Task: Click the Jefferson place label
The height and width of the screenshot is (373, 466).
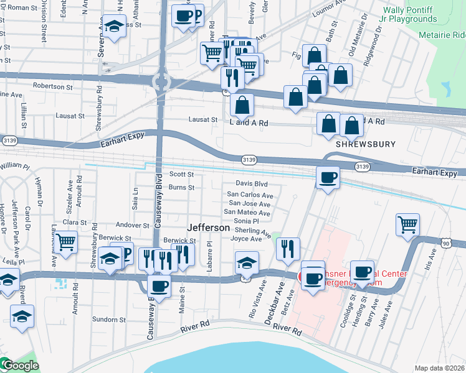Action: click(x=209, y=228)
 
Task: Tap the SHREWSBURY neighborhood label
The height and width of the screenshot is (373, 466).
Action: click(x=366, y=144)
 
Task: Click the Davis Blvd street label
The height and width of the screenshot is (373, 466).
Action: click(x=251, y=184)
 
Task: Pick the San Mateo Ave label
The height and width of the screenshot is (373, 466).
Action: click(x=250, y=213)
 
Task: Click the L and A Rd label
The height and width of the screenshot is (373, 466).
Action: click(x=249, y=123)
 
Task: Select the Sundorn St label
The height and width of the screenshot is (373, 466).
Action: click(x=110, y=320)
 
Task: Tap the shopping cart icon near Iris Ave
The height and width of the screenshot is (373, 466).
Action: click(x=407, y=224)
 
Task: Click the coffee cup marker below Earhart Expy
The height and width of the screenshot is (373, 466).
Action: click(x=328, y=178)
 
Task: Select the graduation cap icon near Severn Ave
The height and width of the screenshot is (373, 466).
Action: click(x=113, y=26)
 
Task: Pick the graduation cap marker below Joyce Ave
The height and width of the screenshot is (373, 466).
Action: click(x=247, y=264)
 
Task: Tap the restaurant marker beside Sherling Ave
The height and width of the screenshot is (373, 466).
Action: click(x=287, y=249)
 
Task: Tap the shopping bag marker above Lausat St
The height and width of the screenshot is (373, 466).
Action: click(x=242, y=104)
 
